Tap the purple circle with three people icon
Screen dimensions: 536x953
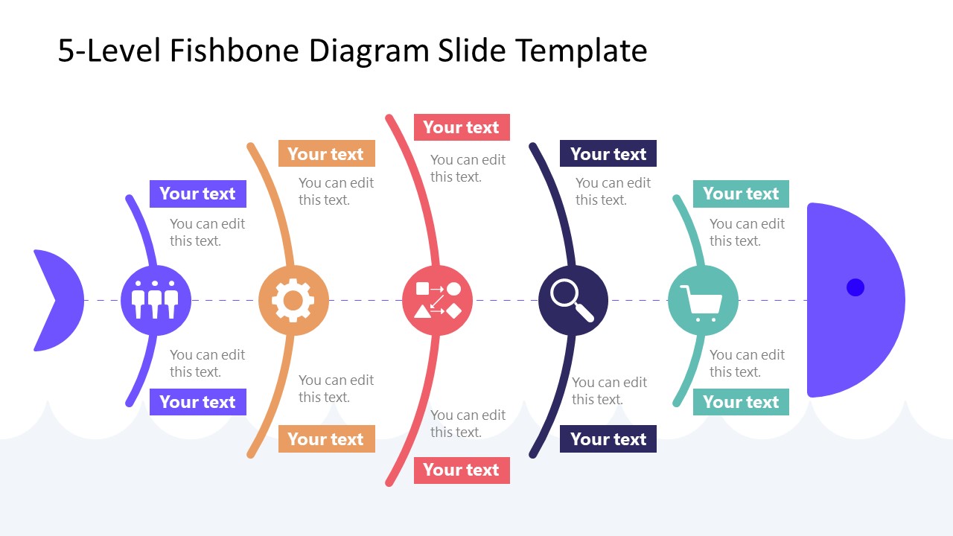click(156, 300)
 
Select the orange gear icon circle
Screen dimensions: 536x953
click(293, 300)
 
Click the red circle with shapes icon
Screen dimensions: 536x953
click(437, 300)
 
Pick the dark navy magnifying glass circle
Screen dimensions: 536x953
click(573, 300)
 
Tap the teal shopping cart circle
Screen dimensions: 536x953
click(703, 300)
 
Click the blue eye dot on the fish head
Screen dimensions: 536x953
click(855, 287)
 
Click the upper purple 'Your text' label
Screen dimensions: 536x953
click(197, 194)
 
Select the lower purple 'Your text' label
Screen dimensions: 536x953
click(197, 402)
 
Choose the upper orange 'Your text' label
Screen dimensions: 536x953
click(326, 154)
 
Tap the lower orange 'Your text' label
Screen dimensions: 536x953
click(326, 439)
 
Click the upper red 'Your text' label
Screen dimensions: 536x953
click(462, 127)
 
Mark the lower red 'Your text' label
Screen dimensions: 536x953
click(462, 470)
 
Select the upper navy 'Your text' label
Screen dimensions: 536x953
click(608, 154)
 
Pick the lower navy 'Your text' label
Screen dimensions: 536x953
click(608, 439)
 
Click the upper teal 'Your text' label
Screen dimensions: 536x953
click(741, 194)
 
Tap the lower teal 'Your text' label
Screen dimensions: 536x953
click(741, 402)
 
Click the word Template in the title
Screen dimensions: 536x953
click(581, 51)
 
